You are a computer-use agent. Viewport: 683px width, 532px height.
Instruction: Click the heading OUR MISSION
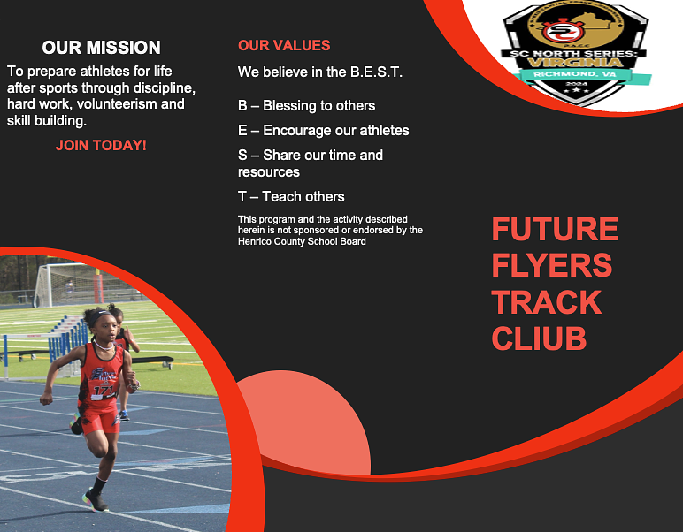tap(101, 48)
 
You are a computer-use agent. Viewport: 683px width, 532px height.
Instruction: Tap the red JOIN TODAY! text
tap(101, 145)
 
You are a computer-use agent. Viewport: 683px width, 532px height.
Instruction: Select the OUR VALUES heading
tap(284, 46)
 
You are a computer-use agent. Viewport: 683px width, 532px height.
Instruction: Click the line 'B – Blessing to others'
tap(306, 105)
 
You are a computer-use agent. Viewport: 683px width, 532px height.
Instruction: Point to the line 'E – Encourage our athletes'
tap(323, 130)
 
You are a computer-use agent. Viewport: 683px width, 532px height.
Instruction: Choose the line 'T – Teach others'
tap(291, 196)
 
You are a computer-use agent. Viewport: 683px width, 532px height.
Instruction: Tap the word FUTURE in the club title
tap(555, 230)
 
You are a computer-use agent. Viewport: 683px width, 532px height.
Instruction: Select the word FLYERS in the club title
tap(551, 265)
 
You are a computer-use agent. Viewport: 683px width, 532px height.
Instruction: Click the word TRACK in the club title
tap(546, 302)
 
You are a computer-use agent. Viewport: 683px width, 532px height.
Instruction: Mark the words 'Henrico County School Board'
tap(302, 241)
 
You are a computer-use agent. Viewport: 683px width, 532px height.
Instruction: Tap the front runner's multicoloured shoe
tap(96, 500)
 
